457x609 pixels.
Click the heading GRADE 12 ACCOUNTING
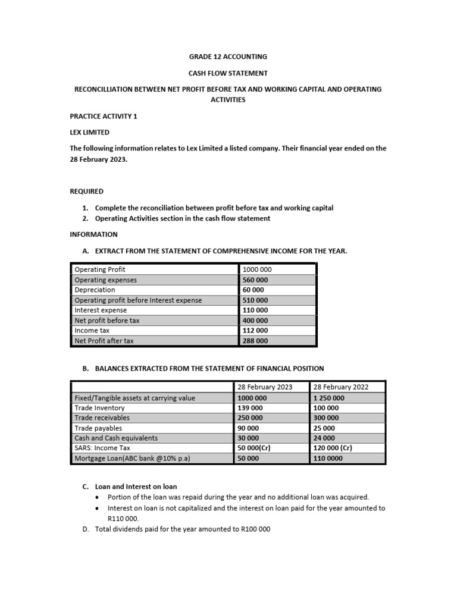(x=228, y=56)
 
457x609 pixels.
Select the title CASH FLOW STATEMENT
(x=228, y=73)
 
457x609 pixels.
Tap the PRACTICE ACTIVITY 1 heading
(x=104, y=116)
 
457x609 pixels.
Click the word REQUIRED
(x=87, y=191)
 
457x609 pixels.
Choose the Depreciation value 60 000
(x=253, y=290)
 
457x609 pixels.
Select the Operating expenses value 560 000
(x=255, y=280)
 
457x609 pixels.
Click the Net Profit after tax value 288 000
(x=255, y=341)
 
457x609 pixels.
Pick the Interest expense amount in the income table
(x=255, y=310)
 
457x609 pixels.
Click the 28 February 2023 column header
(x=265, y=387)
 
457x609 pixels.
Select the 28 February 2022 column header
(x=341, y=387)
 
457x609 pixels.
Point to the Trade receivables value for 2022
(x=326, y=417)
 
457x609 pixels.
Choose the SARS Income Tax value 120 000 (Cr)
(x=332, y=448)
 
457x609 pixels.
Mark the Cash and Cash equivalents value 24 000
(x=324, y=438)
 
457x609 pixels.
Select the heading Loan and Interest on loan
(x=136, y=486)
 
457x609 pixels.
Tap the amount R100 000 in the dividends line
(x=255, y=529)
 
